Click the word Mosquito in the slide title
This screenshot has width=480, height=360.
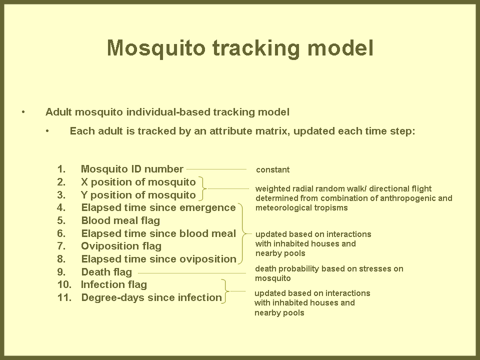[156, 48]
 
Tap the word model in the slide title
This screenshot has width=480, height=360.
[340, 47]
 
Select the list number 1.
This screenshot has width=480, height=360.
[61, 169]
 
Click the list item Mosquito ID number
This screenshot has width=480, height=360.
[132, 169]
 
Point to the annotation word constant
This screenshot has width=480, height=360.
[273, 169]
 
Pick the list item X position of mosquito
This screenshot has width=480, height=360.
[138, 182]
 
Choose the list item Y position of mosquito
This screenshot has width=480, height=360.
[138, 195]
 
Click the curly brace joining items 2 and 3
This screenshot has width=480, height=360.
[204, 188]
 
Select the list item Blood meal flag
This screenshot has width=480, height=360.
[120, 220]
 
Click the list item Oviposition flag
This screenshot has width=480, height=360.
[121, 246]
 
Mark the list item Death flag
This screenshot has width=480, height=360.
[106, 272]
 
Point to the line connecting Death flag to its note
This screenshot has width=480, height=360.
[192, 273]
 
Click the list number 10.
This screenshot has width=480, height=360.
[64, 284]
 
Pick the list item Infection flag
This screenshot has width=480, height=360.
[114, 284]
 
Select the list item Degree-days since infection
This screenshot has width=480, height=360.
[151, 297]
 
